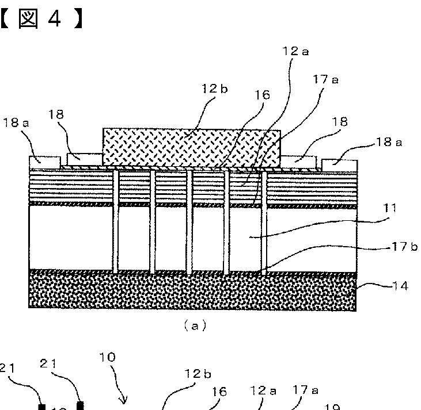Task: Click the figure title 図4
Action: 40,18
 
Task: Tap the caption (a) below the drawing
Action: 194,326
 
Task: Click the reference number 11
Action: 390,208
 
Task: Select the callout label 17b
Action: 405,247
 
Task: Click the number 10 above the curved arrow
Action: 107,357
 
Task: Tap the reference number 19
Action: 332,407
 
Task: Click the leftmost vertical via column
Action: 116,221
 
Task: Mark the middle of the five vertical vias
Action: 189,221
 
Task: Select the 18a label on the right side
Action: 389,142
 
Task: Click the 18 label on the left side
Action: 56,114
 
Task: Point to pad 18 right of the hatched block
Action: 298,161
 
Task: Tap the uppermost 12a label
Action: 296,51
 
